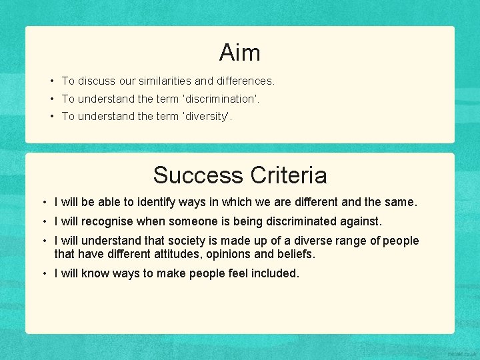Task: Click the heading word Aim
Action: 239,52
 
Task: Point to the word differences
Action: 245,81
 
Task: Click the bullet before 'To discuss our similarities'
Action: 51,81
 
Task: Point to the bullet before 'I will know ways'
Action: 43,273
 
